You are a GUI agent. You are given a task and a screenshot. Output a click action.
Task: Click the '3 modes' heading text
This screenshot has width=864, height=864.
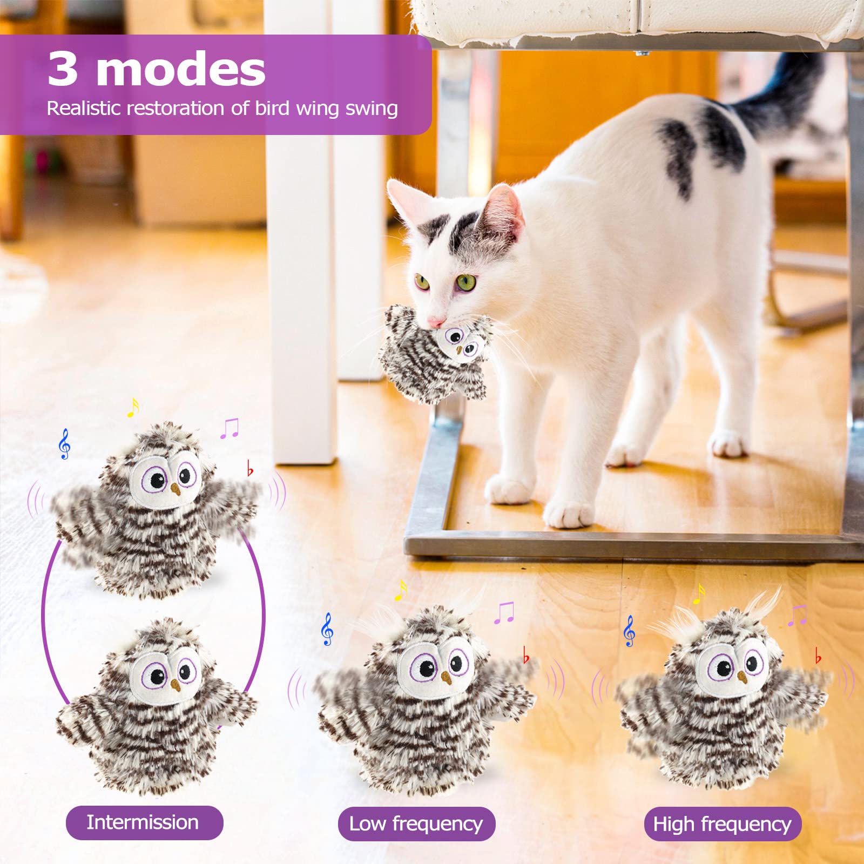pyautogui.click(x=157, y=69)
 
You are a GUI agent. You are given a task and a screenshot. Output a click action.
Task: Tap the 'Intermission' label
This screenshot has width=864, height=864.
pyautogui.click(x=143, y=822)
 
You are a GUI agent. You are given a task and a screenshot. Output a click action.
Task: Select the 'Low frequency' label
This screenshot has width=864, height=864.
pyautogui.click(x=416, y=823)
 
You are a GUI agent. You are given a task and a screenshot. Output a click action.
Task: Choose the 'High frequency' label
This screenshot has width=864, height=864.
pyautogui.click(x=722, y=824)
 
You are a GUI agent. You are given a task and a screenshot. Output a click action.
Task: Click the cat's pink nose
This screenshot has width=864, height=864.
pyautogui.click(x=435, y=322)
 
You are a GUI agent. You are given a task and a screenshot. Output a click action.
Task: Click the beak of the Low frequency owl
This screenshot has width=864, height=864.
pyautogui.click(x=446, y=677)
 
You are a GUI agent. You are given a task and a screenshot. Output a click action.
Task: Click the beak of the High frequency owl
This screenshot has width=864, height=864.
pyautogui.click(x=742, y=677)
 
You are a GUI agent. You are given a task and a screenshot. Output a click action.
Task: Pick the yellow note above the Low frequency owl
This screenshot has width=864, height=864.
pyautogui.click(x=400, y=591)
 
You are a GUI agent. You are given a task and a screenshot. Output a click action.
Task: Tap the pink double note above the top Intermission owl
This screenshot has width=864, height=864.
pyautogui.click(x=230, y=428)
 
